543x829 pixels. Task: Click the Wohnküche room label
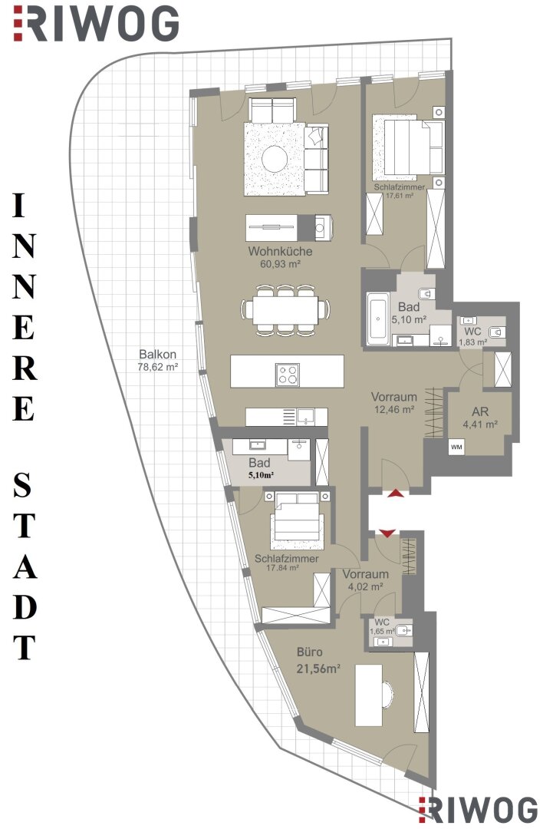coord(280,252)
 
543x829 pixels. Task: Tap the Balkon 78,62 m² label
coord(157,360)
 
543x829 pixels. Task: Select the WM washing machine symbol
coord(456,448)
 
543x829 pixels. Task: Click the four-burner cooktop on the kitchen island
coord(288,375)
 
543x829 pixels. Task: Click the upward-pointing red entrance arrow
coord(397,493)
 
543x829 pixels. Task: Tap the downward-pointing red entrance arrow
coord(387,533)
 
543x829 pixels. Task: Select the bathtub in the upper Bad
coord(377,319)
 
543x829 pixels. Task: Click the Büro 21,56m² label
coord(318,660)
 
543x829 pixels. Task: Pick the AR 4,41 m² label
coord(480,417)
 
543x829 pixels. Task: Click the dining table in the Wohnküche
coord(286,309)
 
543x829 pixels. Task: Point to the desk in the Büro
coord(369,695)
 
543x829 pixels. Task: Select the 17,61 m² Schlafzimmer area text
coord(400,195)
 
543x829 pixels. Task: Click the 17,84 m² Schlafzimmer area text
coord(283,568)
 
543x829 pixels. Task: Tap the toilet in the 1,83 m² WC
coord(496,332)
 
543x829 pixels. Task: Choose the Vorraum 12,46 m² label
coord(393,402)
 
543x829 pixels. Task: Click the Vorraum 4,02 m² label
coord(366,580)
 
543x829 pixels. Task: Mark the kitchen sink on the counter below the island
coord(304,417)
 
